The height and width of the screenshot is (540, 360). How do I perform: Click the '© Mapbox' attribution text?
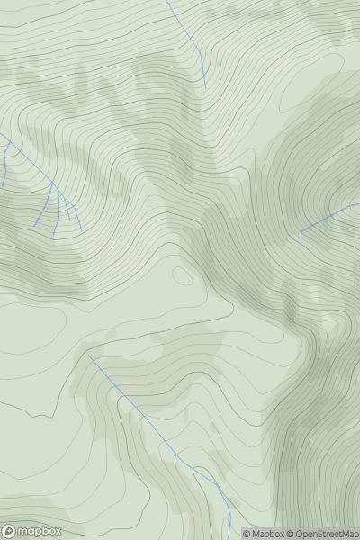click(265, 534)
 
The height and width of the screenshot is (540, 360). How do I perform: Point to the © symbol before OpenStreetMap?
click(292, 534)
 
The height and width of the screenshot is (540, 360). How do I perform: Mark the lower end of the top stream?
click(206, 88)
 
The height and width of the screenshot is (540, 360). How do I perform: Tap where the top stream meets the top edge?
click(167, 0)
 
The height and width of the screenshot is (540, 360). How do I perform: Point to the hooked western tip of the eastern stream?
click(300, 236)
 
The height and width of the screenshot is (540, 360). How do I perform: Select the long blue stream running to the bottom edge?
click(153, 427)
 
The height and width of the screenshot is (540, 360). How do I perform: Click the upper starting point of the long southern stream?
click(88, 354)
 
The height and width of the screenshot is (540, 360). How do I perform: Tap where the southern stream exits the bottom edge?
click(230, 539)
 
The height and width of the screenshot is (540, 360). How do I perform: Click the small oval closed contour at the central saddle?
click(182, 274)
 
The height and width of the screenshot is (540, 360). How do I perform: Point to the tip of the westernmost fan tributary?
click(36, 225)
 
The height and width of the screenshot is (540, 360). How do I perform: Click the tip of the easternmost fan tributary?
click(80, 227)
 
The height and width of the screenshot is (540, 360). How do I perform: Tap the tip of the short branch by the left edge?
click(3, 186)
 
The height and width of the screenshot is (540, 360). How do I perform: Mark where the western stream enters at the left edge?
click(0, 135)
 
